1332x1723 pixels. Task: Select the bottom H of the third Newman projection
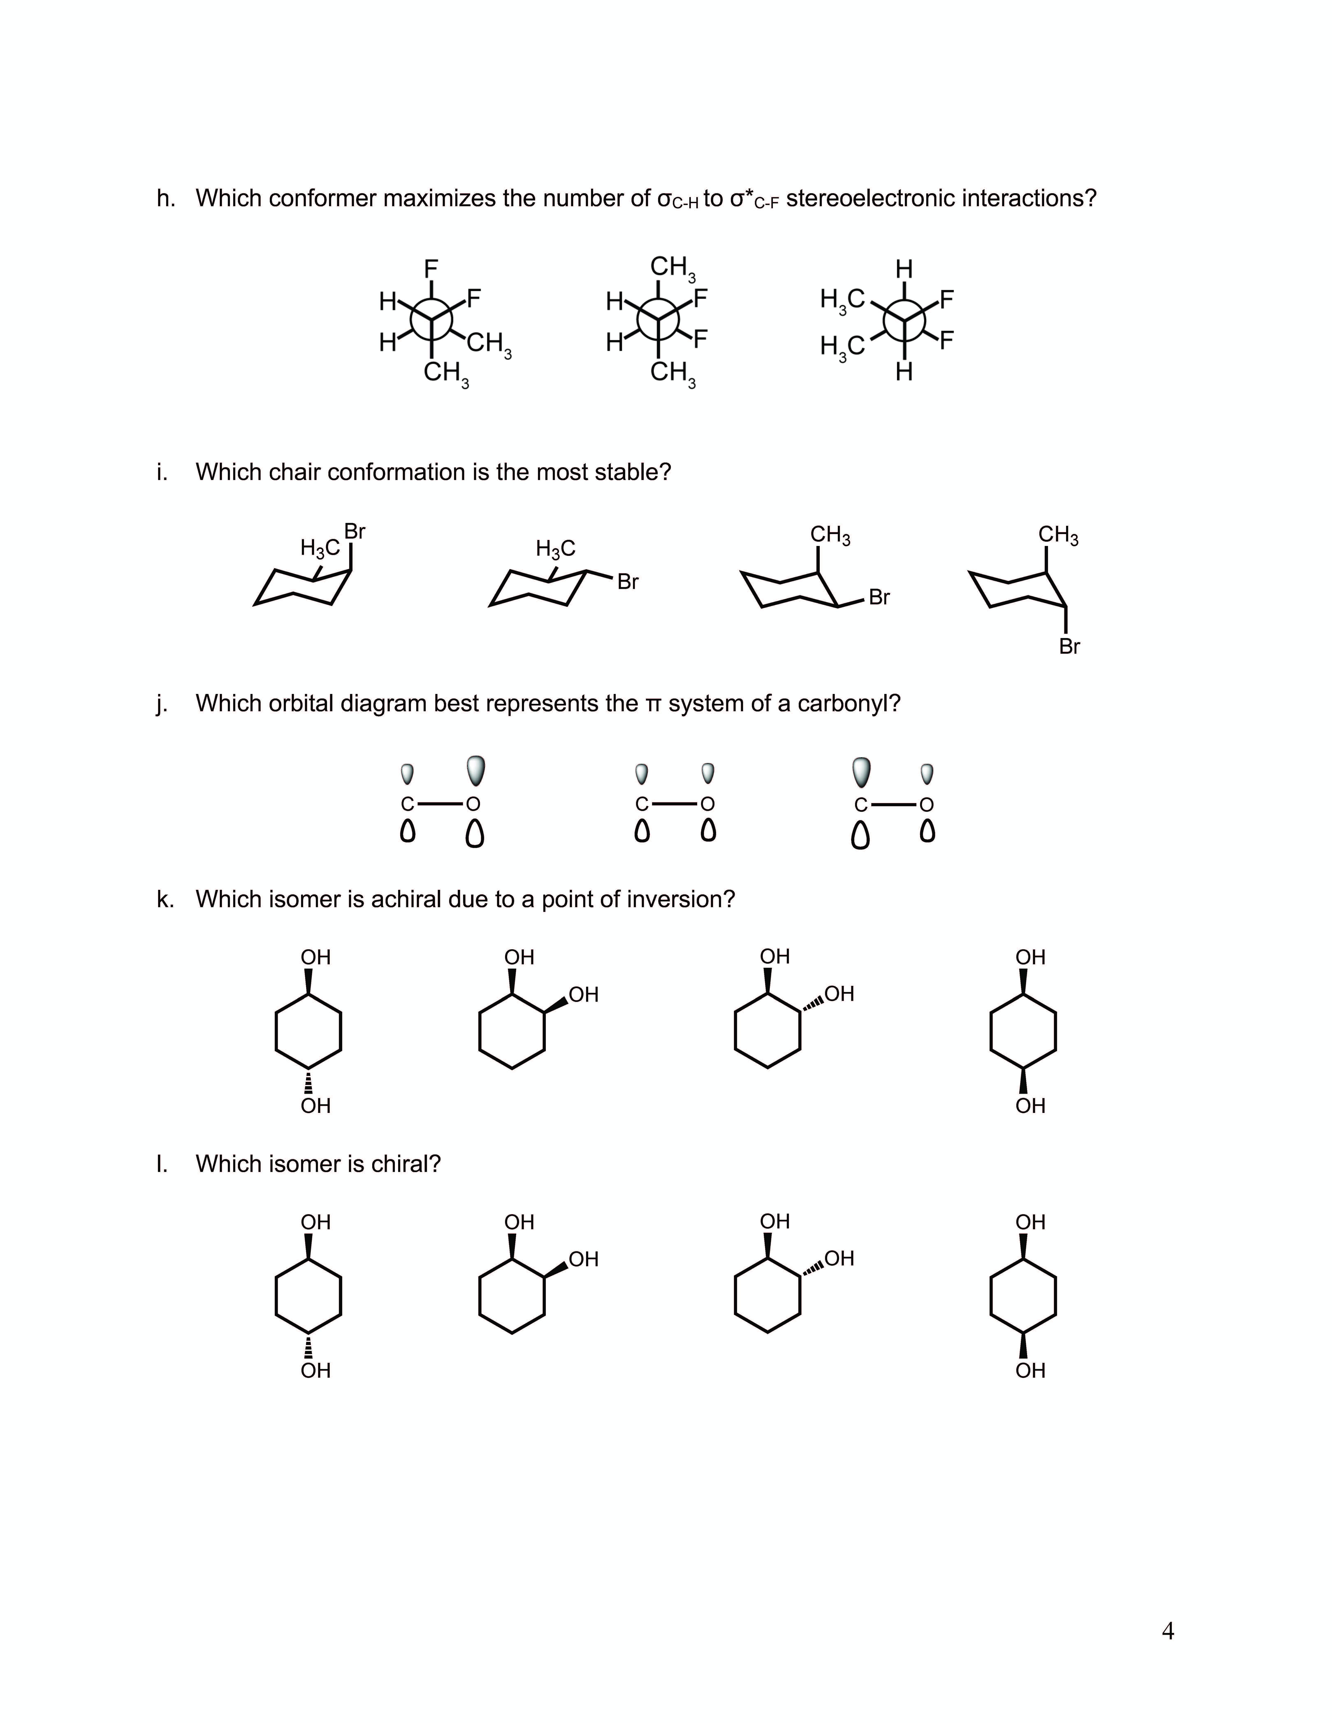click(904, 372)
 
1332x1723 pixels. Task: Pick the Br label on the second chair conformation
click(628, 582)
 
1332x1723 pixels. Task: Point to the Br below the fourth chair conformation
click(1069, 647)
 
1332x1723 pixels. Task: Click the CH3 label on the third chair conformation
click(830, 535)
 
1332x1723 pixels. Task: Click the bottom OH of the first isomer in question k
click(316, 1106)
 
